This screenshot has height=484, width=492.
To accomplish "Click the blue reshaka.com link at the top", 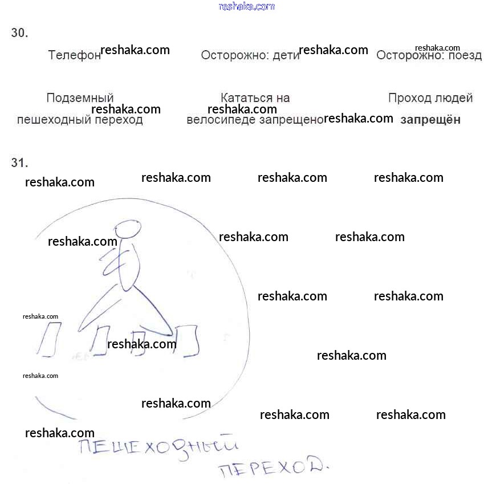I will [x=246, y=7].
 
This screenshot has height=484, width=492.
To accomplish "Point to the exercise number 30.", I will [x=19, y=33].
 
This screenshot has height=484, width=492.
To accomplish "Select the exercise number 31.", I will [x=19, y=163].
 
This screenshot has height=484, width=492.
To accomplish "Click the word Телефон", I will [x=74, y=55].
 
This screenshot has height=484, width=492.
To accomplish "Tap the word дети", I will [x=286, y=56].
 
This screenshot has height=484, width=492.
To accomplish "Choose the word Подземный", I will [x=80, y=98].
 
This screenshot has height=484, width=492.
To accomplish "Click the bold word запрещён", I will [x=430, y=120].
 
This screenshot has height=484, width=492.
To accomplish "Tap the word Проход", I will [x=409, y=98].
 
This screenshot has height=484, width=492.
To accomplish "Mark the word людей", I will [x=454, y=98].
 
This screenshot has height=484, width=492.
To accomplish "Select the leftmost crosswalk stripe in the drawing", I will [x=49, y=339].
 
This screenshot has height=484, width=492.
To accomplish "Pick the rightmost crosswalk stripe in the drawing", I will [x=186, y=341].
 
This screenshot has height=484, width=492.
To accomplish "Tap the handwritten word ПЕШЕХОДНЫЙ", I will [x=157, y=448].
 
